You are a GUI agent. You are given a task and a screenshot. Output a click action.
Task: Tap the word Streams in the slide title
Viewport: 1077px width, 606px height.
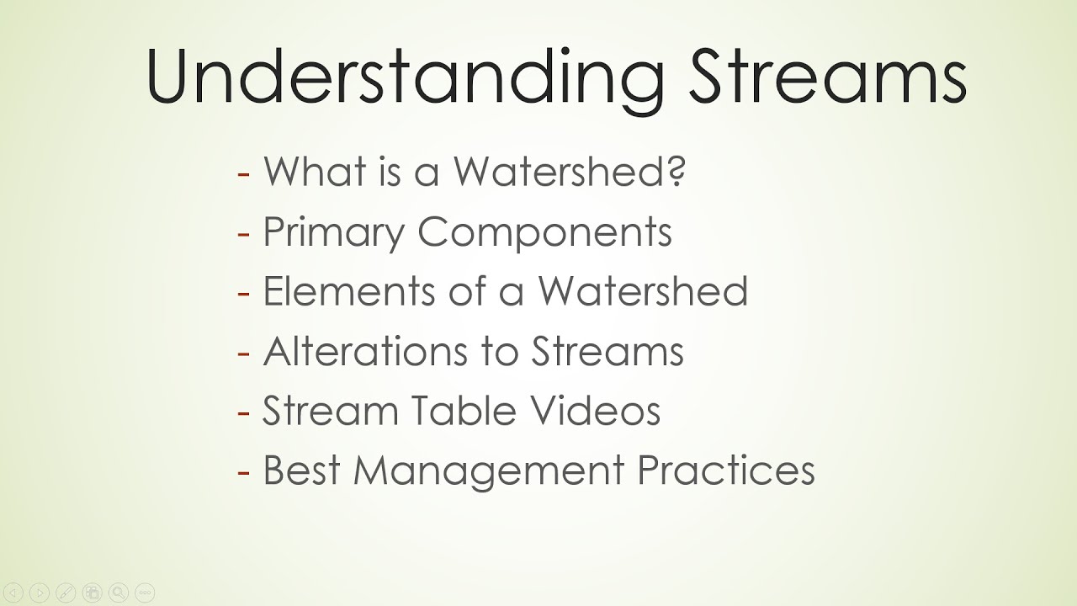[829, 76]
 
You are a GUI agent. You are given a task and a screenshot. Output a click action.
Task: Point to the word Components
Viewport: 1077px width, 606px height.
[544, 232]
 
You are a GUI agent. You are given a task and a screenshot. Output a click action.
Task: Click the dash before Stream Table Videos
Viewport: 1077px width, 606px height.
[244, 413]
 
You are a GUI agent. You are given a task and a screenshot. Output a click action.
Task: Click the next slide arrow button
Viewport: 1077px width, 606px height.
[40, 593]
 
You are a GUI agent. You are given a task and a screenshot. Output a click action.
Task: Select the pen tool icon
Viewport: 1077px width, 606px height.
[66, 593]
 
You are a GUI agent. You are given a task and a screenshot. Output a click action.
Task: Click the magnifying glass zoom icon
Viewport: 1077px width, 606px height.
[119, 593]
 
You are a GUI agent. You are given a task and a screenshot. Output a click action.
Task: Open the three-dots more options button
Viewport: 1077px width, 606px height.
[145, 593]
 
